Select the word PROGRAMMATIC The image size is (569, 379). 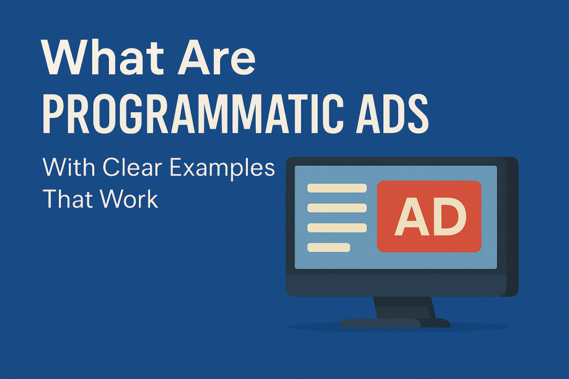pyautogui.click(x=193, y=114)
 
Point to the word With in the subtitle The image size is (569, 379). pyautogui.click(x=69, y=168)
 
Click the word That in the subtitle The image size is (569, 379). pyautogui.click(x=67, y=199)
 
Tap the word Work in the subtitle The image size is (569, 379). pyautogui.click(x=129, y=199)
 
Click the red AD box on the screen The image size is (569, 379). pyautogui.click(x=429, y=216)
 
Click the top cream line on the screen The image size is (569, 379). pyautogui.click(x=337, y=188)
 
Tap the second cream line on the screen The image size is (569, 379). pyautogui.click(x=337, y=208)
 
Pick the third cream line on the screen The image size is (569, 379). pyautogui.click(x=337, y=228)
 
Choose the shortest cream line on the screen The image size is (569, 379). pyautogui.click(x=329, y=247)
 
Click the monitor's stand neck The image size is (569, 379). pyautogui.click(x=405, y=308)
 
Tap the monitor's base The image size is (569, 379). pyautogui.click(x=395, y=323)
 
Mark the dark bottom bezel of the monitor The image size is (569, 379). pyautogui.click(x=396, y=285)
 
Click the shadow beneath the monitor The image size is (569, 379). pyautogui.click(x=397, y=327)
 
